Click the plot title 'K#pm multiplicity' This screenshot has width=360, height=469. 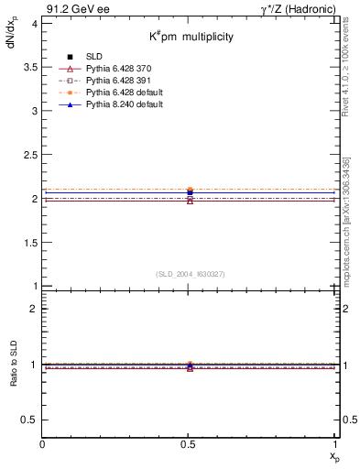point(192,37)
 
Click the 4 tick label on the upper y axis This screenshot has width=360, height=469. point(34,23)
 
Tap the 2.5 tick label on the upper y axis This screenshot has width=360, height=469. point(29,155)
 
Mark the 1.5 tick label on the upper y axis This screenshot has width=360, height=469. point(29,243)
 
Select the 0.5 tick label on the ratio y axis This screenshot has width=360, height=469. point(29,420)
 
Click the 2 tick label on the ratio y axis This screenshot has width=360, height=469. point(34,309)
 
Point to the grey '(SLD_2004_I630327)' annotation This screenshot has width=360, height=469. point(190,274)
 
